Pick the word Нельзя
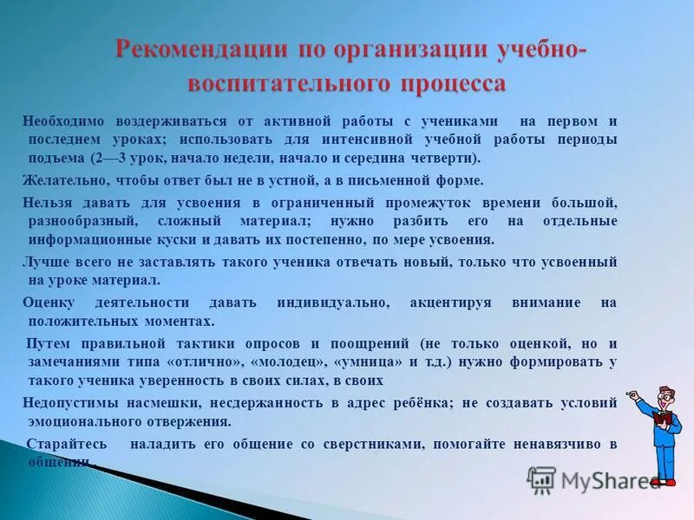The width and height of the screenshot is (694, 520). click(x=46, y=202)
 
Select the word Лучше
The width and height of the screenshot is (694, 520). click(x=43, y=262)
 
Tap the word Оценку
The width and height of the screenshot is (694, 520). click(x=49, y=302)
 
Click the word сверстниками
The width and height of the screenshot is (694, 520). click(x=382, y=444)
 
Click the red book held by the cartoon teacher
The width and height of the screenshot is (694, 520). click(x=663, y=419)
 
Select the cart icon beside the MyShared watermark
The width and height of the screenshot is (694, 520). click(x=541, y=479)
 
